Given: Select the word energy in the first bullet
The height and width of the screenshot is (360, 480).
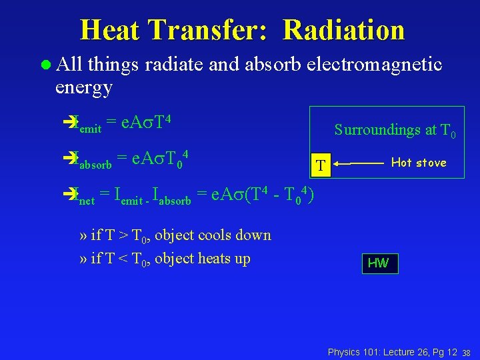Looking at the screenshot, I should pos(84,87).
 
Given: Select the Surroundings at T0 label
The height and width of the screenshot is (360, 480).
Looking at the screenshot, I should pos(395,130).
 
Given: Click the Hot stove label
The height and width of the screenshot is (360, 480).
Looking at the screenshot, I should pos(418,162).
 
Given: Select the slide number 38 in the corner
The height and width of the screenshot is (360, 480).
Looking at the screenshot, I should pos(467,352).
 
